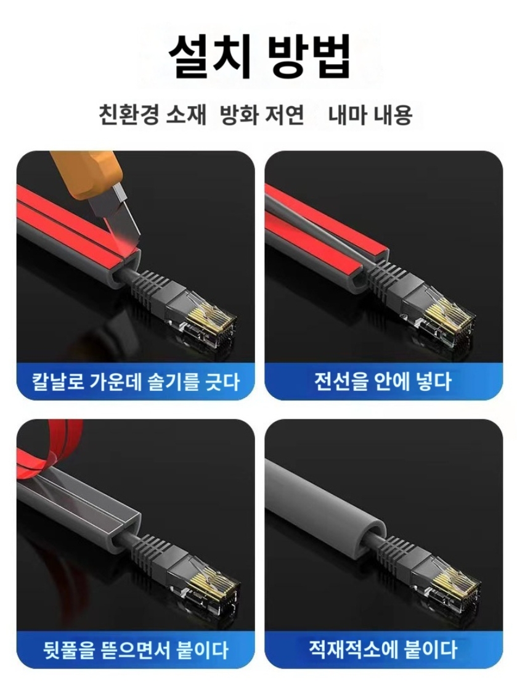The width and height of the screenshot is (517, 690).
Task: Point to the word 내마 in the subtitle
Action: (x=349, y=115)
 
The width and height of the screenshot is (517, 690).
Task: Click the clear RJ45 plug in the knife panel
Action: (x=206, y=314)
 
